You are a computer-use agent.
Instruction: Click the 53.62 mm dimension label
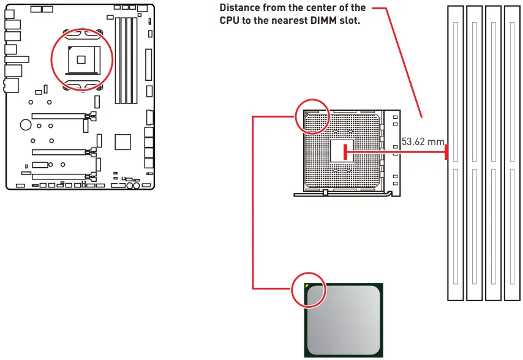[x=422, y=142]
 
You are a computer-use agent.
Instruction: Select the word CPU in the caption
[x=230, y=20]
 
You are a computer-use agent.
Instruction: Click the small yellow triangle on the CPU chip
[x=307, y=287]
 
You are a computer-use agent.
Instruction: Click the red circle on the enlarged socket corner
[x=312, y=116]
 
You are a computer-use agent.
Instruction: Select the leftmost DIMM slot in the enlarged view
[x=455, y=153]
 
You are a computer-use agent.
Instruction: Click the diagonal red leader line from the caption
[x=406, y=67]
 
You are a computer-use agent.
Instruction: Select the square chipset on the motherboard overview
[x=123, y=141]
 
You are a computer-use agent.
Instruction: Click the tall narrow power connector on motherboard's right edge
[x=148, y=61]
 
